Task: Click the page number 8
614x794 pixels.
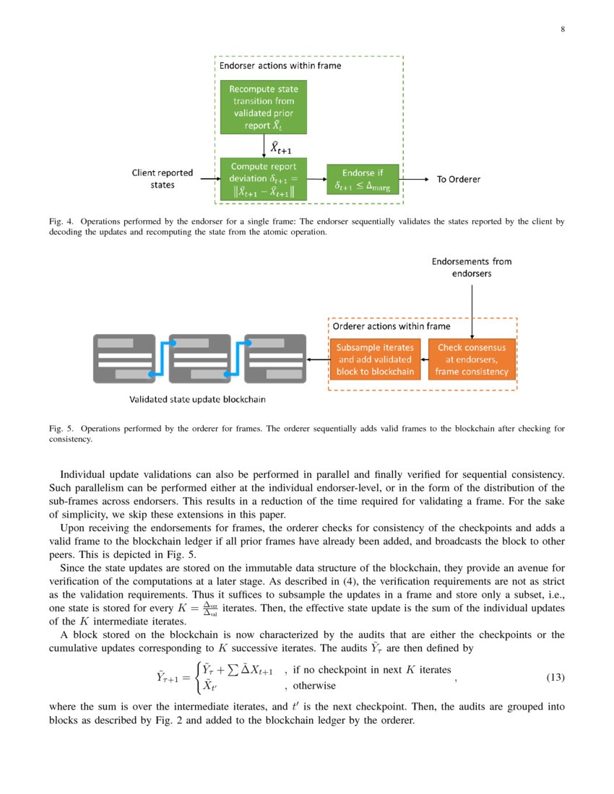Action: coord(563,29)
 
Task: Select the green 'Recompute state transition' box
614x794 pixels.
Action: coord(264,107)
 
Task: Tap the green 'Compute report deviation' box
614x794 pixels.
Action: coord(264,179)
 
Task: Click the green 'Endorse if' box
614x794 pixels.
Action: coord(363,179)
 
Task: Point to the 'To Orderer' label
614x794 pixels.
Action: coord(458,179)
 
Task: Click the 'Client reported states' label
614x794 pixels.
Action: coord(163,179)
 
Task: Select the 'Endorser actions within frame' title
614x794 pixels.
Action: coord(280,66)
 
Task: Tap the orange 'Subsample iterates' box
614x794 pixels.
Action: coord(375,359)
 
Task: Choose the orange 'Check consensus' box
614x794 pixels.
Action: coord(472,359)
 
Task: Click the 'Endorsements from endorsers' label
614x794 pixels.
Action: coord(472,268)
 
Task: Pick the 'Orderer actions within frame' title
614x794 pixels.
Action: coord(391,326)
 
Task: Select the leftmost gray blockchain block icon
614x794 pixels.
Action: coord(124,358)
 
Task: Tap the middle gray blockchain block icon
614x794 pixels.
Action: coord(199,358)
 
